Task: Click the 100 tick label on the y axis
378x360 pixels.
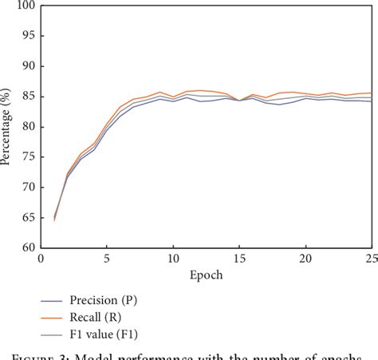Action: (x=26, y=6)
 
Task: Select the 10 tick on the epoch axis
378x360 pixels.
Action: (x=173, y=259)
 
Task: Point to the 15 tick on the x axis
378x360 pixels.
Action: (x=239, y=259)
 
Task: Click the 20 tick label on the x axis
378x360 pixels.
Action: (x=305, y=259)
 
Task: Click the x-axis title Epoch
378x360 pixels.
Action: (x=206, y=275)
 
